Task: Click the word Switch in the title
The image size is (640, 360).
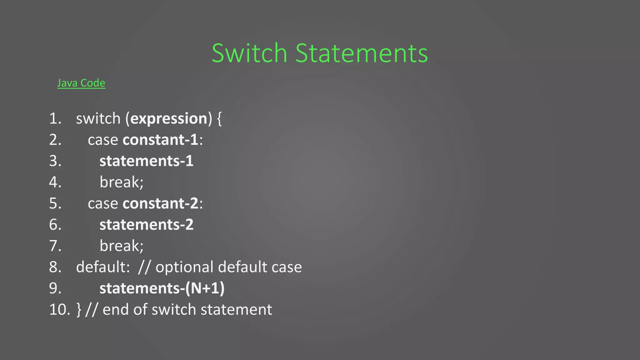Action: coord(249,53)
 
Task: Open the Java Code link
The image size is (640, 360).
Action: coord(81,83)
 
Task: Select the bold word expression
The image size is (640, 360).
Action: coord(169,119)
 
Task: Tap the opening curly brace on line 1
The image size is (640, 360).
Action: coord(219,119)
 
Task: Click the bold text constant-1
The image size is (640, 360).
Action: coord(161,140)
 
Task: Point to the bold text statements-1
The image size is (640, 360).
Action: coord(146,161)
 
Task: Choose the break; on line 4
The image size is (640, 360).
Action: coord(121,182)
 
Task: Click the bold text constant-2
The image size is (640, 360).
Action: coord(161,203)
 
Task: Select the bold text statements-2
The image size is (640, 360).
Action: coord(146,225)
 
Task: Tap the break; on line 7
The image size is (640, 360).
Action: coord(121,246)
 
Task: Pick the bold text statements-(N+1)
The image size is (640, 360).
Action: coord(162,288)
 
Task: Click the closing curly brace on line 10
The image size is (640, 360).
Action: coord(79,310)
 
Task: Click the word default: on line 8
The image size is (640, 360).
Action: coord(103,267)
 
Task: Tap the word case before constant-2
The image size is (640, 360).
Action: coord(103,203)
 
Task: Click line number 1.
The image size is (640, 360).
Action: coord(55,119)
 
